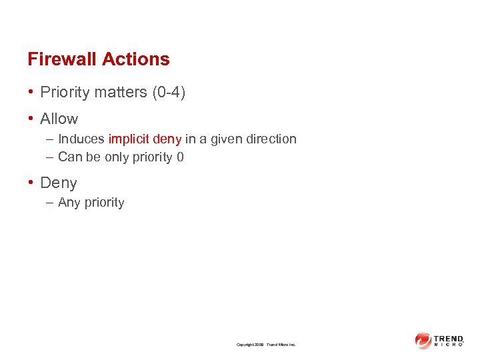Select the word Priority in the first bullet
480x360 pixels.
pyautogui.click(x=65, y=92)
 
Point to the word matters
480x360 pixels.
pyautogui.click(x=118, y=92)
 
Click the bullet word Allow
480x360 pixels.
pyautogui.click(x=59, y=119)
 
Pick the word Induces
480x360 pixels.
pyautogui.click(x=81, y=139)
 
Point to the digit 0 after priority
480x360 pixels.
pyautogui.click(x=180, y=157)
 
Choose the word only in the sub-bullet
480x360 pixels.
pyautogui.click(x=117, y=157)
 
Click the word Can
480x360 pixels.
pyautogui.click(x=69, y=157)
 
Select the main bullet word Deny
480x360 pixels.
pyautogui.click(x=59, y=183)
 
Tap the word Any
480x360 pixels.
pyautogui.click(x=69, y=202)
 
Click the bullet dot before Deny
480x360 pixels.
pyautogui.click(x=31, y=183)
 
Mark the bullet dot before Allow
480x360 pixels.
pyautogui.click(x=31, y=119)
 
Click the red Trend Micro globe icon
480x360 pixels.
pyautogui.click(x=423, y=341)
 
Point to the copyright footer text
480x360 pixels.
pyautogui.click(x=266, y=345)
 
